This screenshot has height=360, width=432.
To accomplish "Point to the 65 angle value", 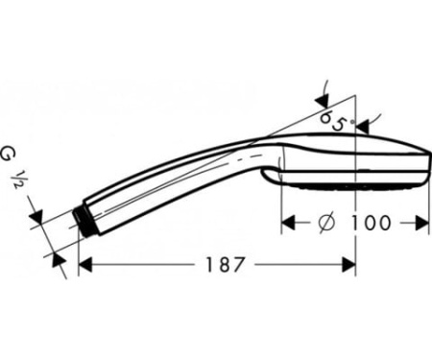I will [x=333, y=120].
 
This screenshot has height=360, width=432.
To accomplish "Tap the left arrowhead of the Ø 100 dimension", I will [x=287, y=223].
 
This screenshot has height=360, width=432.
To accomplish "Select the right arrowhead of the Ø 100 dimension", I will [x=422, y=223].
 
